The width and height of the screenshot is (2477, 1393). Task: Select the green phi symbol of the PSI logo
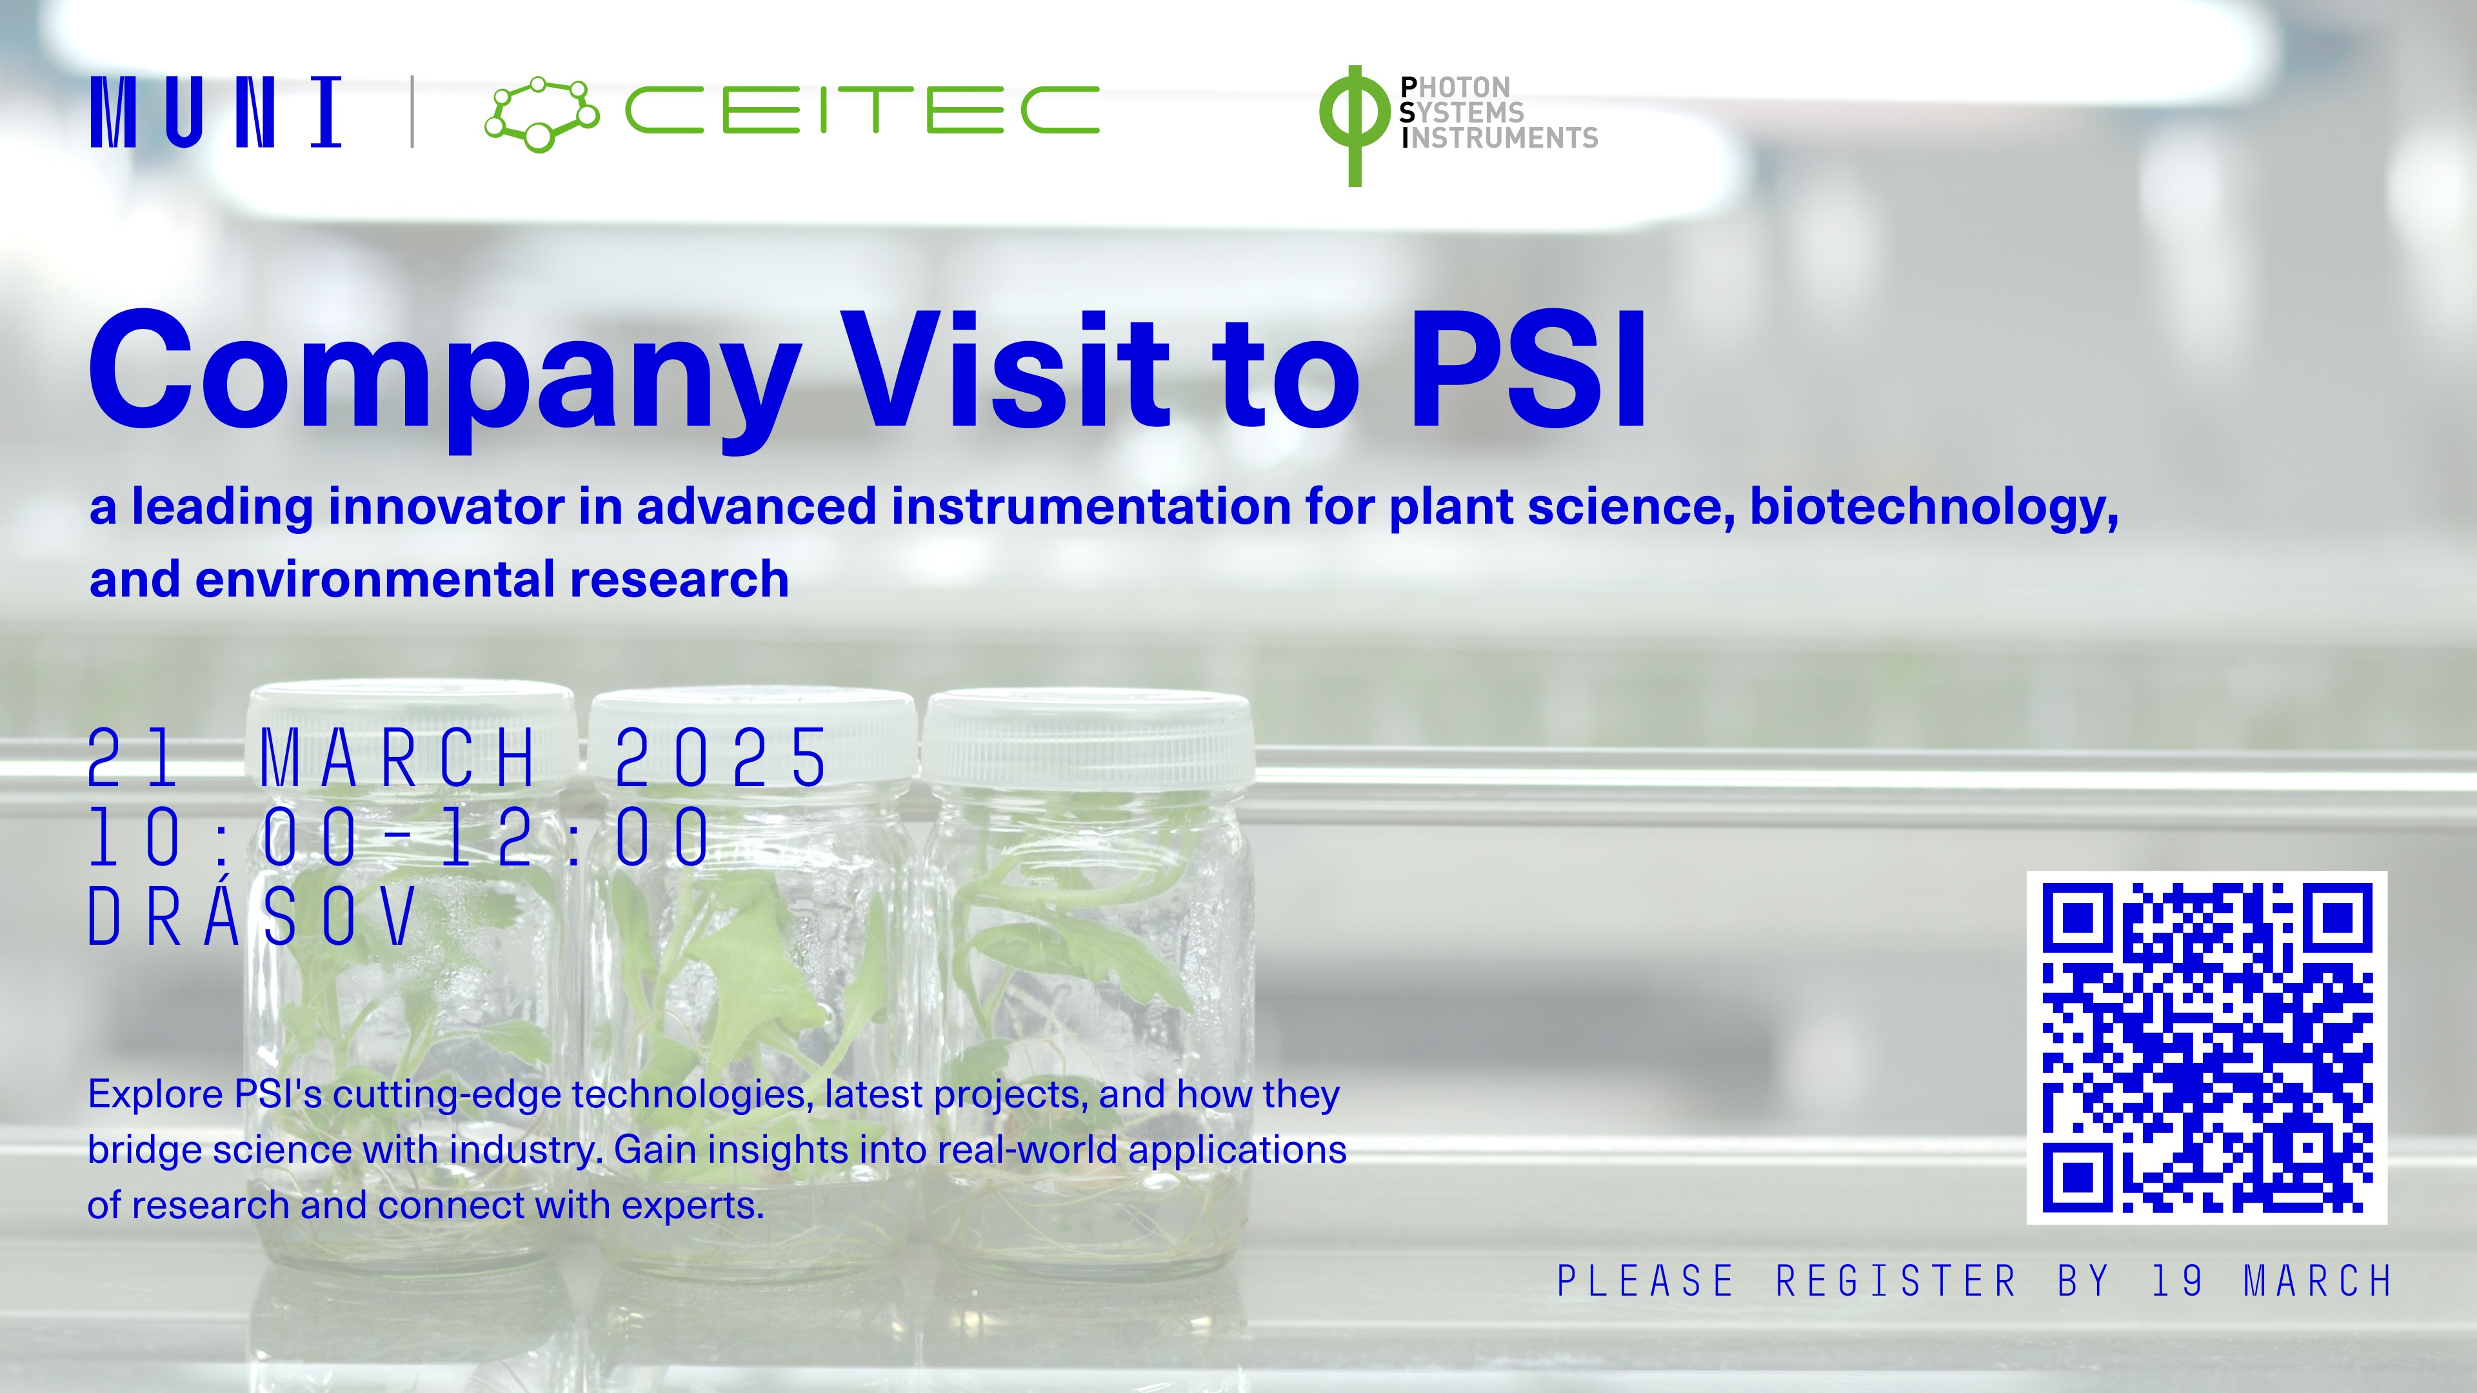(1354, 125)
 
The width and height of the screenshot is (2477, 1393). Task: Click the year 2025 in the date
(721, 758)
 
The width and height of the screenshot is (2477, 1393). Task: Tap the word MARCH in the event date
(398, 758)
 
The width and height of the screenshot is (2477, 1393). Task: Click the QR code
(2207, 1048)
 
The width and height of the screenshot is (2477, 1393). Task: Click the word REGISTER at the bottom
(1896, 1281)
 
